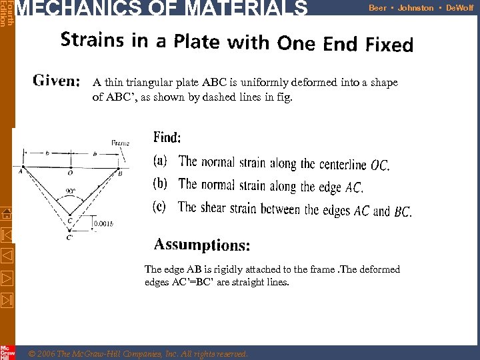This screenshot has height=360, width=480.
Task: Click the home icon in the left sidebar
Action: click(6, 214)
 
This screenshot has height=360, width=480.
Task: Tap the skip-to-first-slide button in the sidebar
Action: click(6, 235)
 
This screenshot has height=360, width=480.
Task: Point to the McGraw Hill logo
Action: click(7, 351)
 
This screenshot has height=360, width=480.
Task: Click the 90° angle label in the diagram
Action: click(70, 191)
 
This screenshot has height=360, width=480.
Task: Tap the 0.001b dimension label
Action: click(103, 224)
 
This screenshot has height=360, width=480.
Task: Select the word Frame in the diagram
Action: click(120, 142)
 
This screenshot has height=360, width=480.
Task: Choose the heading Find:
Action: click(167, 138)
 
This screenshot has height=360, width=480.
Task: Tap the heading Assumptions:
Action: click(202, 245)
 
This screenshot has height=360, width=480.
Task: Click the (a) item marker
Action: click(161, 161)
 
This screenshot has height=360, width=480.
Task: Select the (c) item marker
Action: click(160, 207)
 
